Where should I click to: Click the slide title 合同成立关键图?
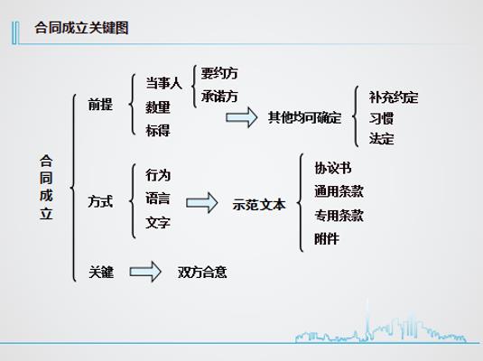pos(81,28)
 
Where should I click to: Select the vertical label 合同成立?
pos(46,188)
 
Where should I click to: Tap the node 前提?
pos(100,105)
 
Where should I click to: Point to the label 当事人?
pos(164,83)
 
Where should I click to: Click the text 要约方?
pos(219,73)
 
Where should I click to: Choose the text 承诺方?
pos(219,97)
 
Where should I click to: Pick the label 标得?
pos(158,130)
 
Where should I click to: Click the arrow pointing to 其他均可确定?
pos(242,117)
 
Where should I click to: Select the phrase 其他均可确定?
pos(304,117)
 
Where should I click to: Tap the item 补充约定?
pos(394,97)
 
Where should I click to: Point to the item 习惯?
pos(381,118)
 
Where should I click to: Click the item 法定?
pos(381,139)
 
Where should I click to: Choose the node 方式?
pos(100,202)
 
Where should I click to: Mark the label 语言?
pos(158,199)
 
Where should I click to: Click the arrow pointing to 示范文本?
pos(202,203)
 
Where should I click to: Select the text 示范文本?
pos(259,205)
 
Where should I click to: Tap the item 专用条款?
pos(339,216)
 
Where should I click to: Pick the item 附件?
pos(327,239)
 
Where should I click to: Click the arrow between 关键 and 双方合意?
pos(145,272)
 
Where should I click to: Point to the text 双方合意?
pos(202,273)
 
